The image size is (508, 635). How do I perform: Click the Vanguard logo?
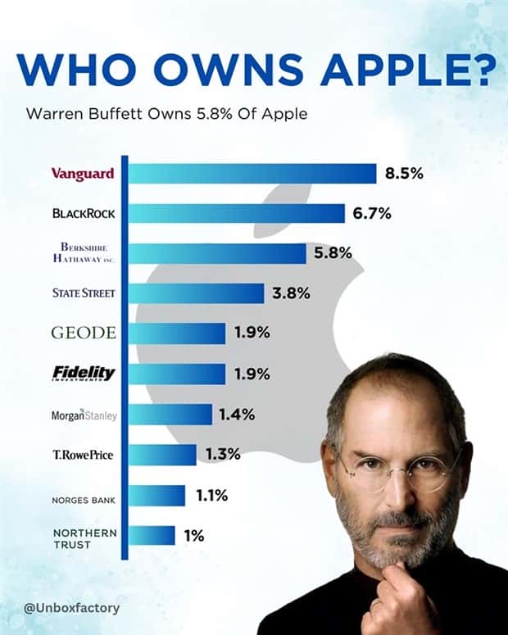coord(83,174)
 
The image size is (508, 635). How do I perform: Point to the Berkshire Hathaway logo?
coord(83,253)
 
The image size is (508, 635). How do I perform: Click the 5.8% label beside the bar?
coord(333,253)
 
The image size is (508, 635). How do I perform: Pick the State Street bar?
coord(196,293)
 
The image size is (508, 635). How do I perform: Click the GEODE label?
coord(84,333)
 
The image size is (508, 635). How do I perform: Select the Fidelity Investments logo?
coord(84,374)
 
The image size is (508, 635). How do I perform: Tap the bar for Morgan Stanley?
coord(170,415)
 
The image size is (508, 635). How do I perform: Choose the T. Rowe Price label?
coord(84,455)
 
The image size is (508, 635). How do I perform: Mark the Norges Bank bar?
coord(156,496)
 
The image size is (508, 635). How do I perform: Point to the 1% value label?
coord(193,536)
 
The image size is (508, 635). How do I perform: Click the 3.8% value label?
coord(291,293)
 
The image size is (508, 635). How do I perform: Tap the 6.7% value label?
coord(372,214)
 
